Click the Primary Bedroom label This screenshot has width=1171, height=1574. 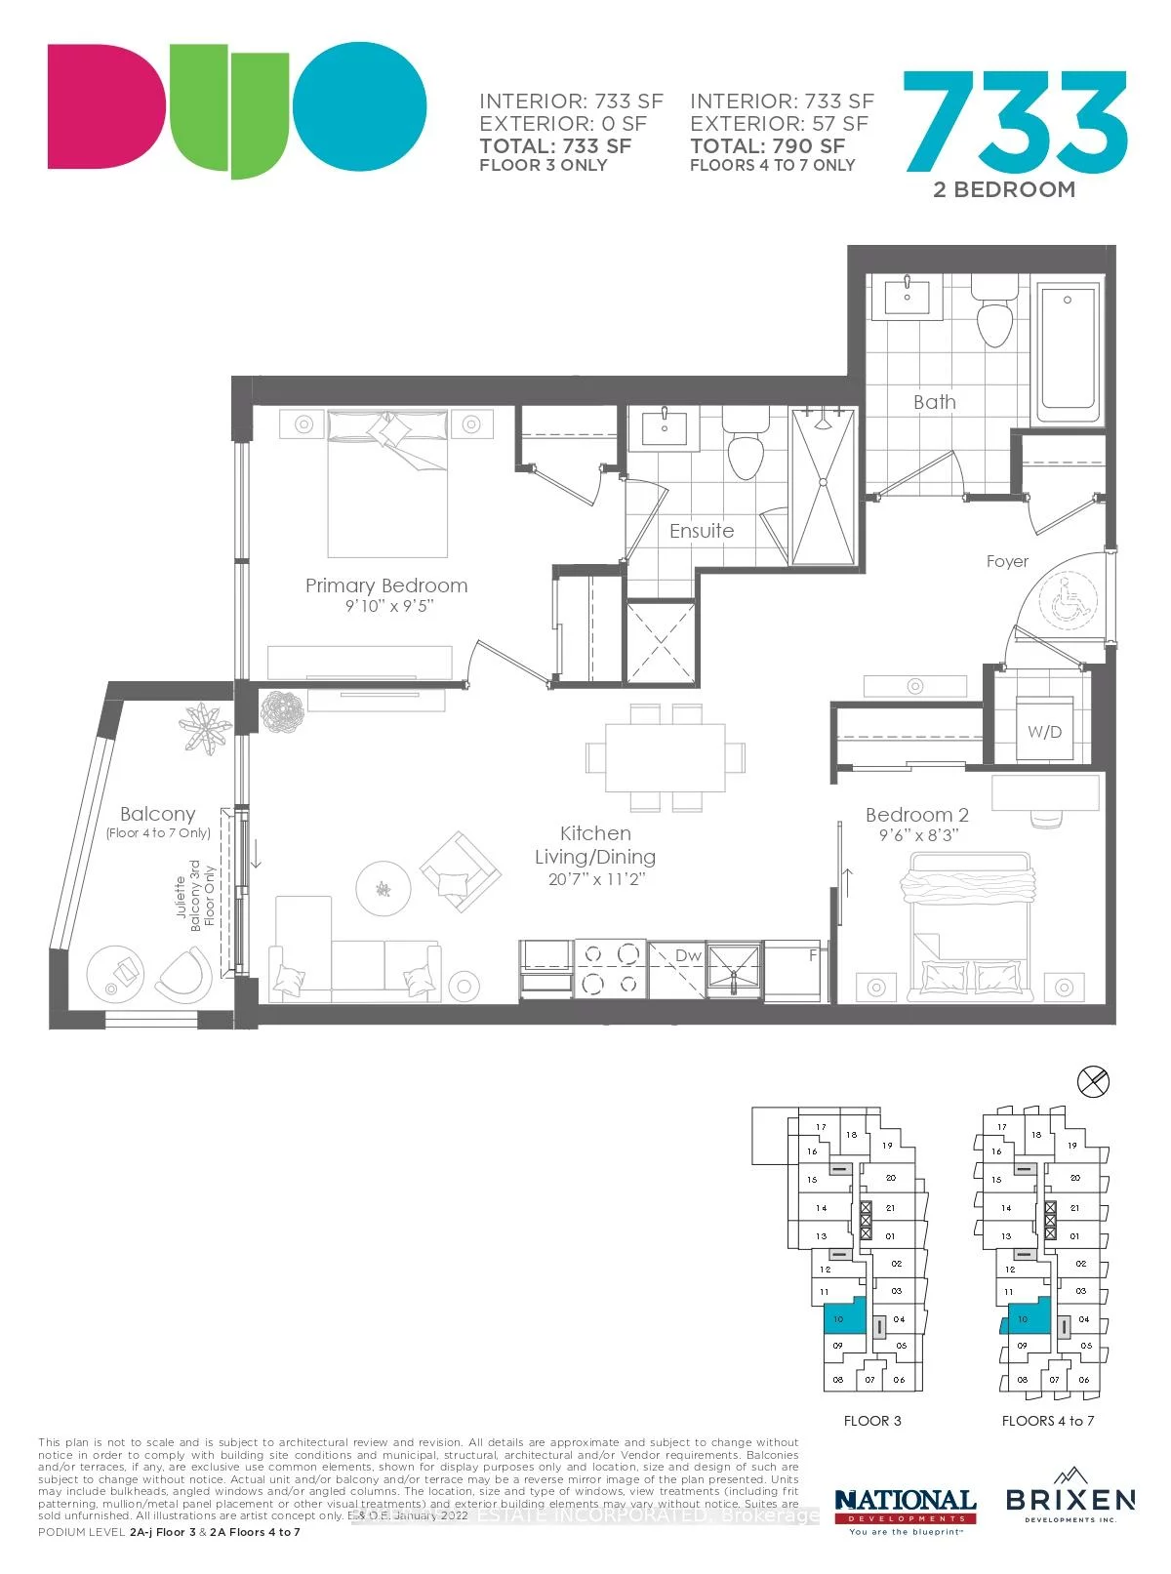point(386,585)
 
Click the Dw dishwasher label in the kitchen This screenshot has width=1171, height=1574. point(689,955)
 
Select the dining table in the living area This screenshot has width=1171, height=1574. point(665,757)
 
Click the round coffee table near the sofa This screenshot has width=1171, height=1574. point(383,888)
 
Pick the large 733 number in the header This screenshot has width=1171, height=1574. point(1015,122)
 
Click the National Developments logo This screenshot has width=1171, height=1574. point(906,1509)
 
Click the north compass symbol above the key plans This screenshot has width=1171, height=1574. point(1094,1081)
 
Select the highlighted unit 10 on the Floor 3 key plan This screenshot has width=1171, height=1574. point(844,1318)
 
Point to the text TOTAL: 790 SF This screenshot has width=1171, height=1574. point(768,146)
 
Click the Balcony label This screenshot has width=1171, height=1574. point(158,814)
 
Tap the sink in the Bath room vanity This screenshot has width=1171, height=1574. point(907,295)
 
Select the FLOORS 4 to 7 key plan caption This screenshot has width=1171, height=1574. point(1048,1421)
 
